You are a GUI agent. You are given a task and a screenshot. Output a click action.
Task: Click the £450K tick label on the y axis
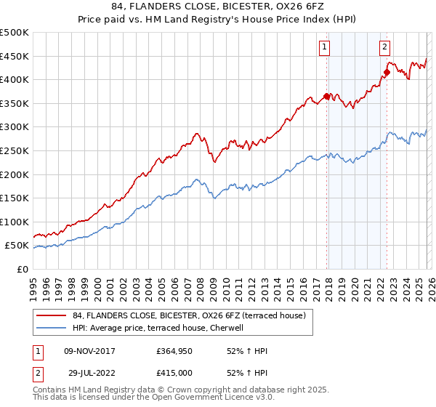pos(15,56)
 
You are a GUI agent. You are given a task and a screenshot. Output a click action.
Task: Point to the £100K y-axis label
pos(15,222)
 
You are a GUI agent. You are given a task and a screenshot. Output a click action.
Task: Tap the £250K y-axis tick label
pos(15,150)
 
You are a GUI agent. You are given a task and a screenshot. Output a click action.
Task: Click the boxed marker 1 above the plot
pos(323,48)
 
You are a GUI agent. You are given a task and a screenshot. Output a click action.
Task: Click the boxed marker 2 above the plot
pos(384,48)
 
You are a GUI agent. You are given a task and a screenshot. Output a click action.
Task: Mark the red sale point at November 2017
pos(327,96)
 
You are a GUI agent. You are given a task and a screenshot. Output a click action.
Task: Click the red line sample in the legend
pos(52,315)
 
